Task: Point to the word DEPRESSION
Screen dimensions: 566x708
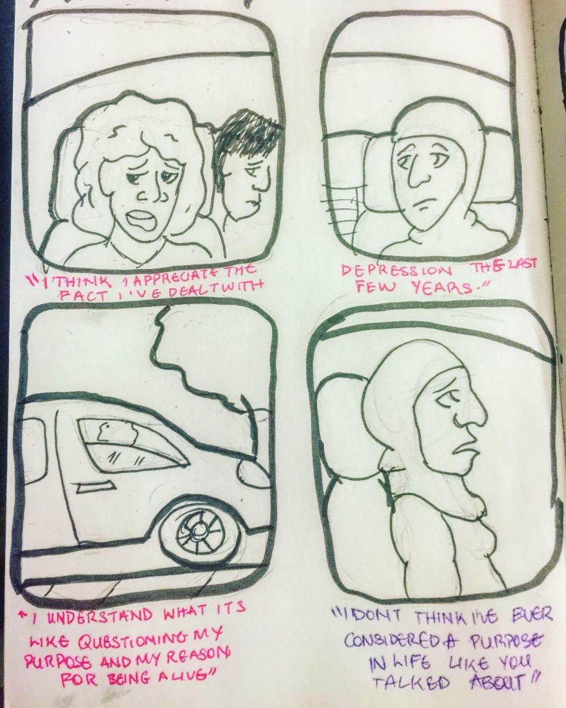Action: pos(396,272)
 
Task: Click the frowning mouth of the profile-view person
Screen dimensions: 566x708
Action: pos(464,448)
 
